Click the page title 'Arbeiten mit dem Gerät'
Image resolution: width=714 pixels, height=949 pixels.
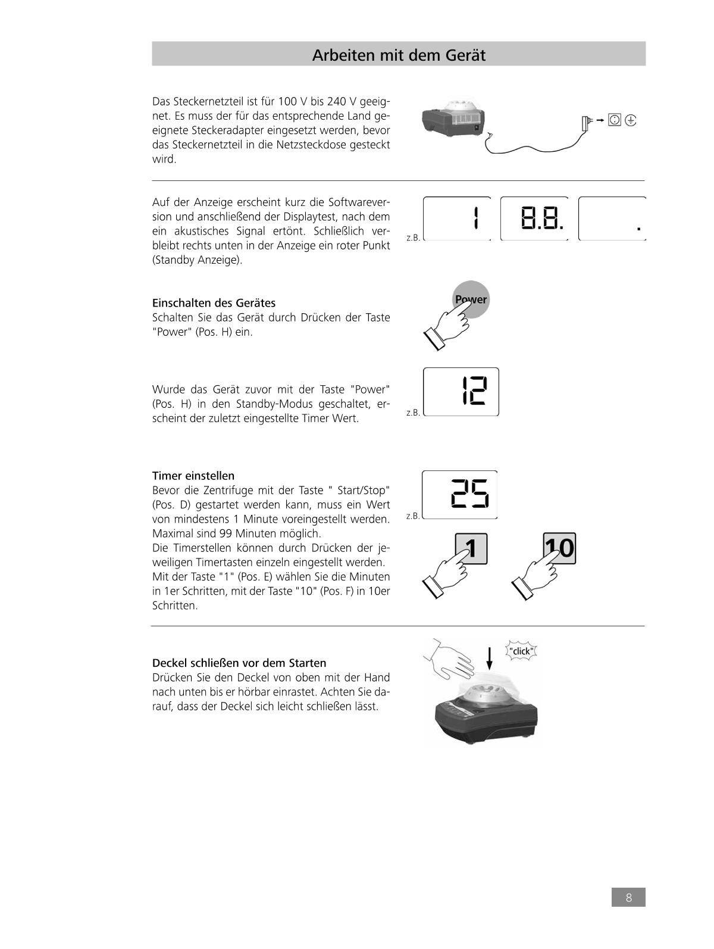[399, 55]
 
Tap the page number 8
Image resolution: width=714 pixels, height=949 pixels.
[628, 897]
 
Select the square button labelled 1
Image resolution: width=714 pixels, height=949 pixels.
[471, 548]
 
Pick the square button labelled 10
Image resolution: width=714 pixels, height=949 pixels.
[559, 548]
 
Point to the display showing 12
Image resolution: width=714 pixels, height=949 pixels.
[461, 392]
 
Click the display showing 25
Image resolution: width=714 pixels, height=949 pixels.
[459, 494]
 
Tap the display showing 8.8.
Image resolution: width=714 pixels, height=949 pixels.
[534, 218]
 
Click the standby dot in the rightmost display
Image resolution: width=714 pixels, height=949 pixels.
[639, 228]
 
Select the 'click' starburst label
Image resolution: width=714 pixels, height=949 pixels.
[521, 651]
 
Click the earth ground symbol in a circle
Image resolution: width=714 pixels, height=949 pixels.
[631, 120]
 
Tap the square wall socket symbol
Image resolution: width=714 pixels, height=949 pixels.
[615, 120]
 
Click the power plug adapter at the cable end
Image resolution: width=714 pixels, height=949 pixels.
[587, 123]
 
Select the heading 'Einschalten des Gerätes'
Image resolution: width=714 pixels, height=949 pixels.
[214, 303]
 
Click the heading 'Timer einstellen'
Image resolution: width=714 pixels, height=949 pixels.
[193, 476]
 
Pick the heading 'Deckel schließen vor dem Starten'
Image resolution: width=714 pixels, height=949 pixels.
[239, 663]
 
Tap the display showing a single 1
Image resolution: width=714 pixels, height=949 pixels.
[457, 218]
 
